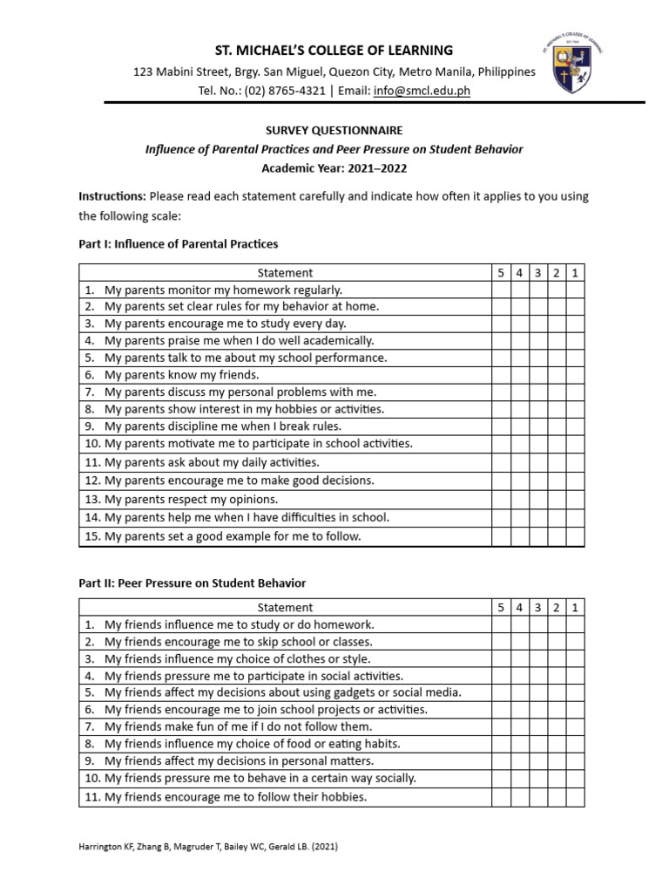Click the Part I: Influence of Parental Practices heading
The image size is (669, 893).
tap(179, 244)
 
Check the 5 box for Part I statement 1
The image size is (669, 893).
tap(501, 290)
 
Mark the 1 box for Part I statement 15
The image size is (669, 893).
tap(575, 536)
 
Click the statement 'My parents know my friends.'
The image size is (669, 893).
tap(182, 375)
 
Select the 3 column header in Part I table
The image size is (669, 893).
tap(538, 273)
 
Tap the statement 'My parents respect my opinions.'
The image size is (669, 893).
tap(191, 499)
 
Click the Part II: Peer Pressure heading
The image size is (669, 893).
tap(193, 583)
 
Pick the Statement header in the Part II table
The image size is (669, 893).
tap(285, 607)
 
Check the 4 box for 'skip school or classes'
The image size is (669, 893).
tap(519, 642)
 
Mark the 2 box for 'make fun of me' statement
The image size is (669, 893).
tap(557, 726)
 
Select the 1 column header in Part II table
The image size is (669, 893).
tap(575, 607)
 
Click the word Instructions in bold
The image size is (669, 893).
tap(111, 196)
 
